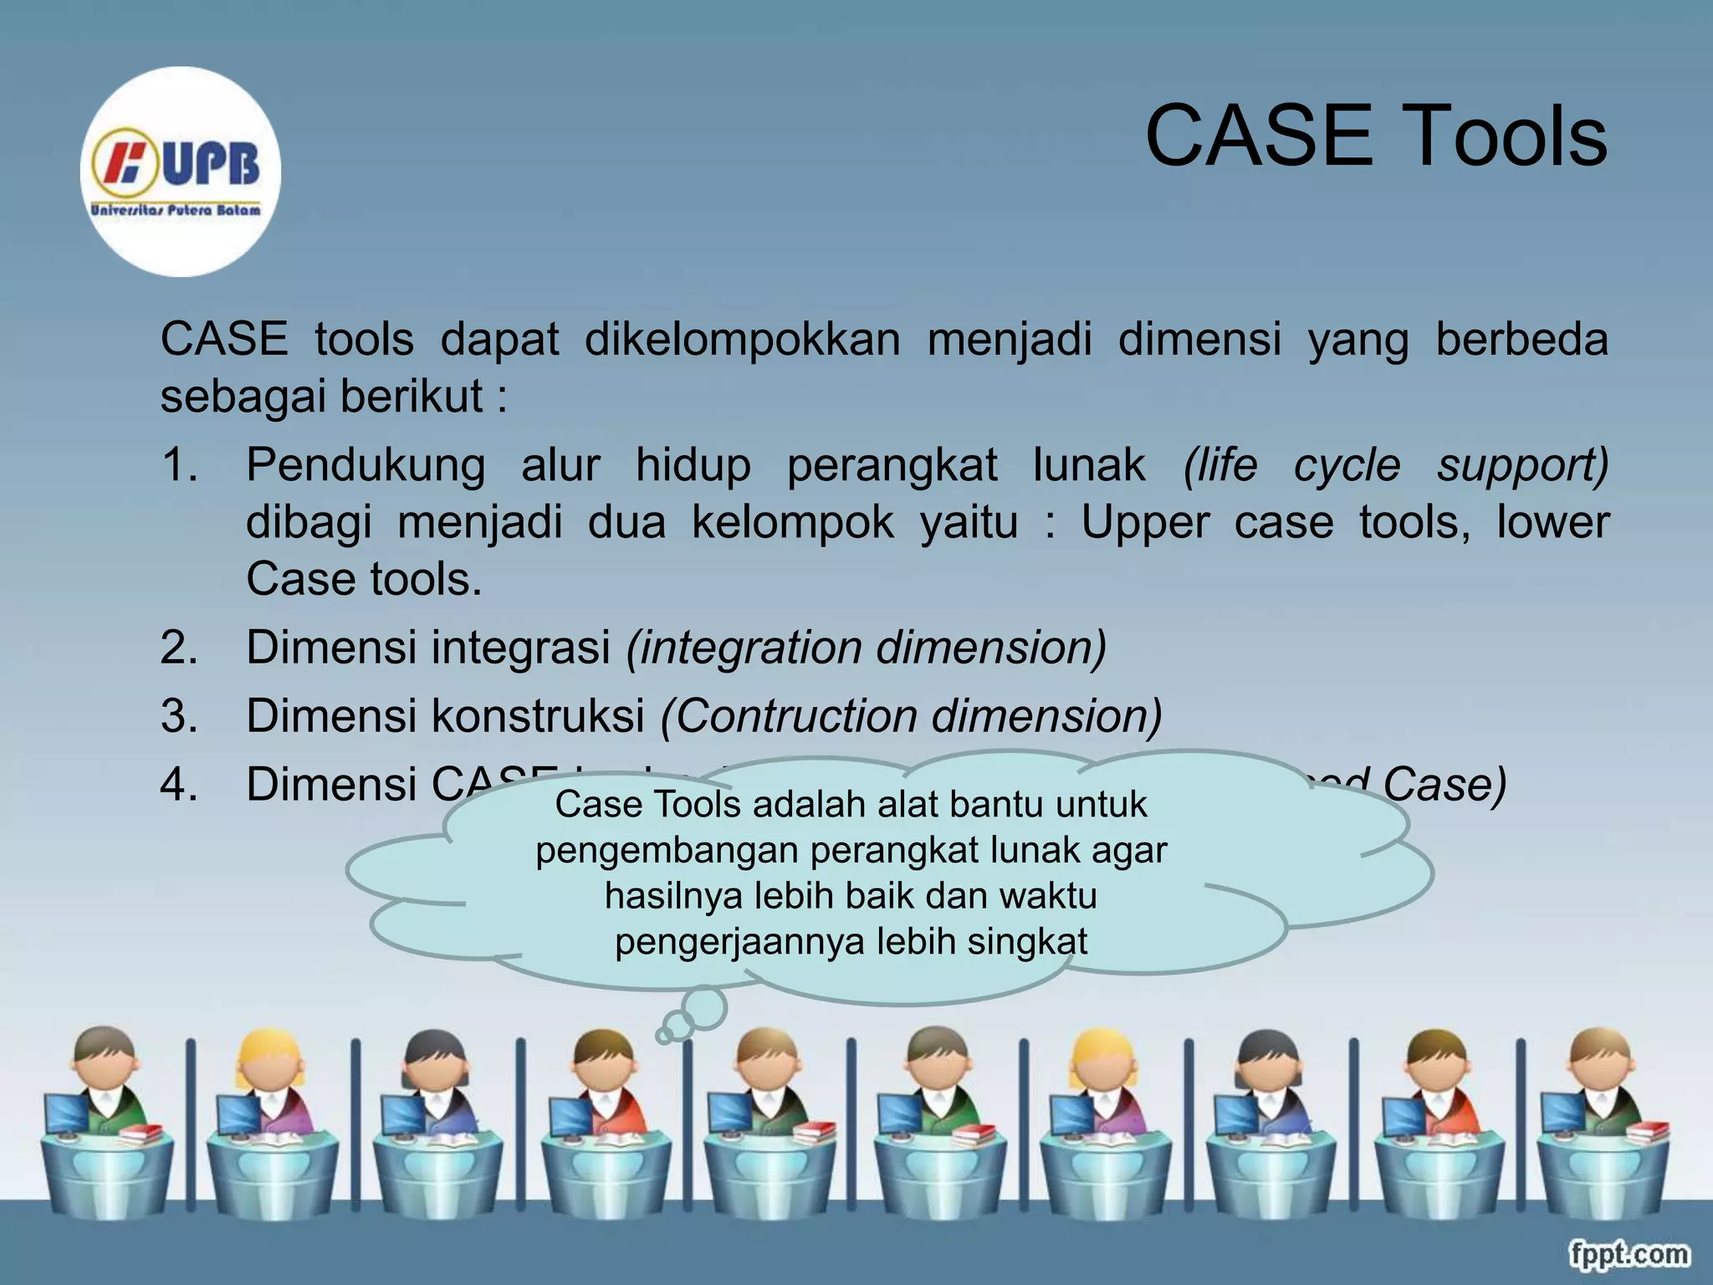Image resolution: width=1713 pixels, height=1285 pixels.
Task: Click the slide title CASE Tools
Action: (x=1375, y=136)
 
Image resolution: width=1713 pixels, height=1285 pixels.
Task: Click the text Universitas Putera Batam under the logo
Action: (x=176, y=210)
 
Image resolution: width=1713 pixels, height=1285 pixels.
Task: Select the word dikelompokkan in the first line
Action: (x=742, y=340)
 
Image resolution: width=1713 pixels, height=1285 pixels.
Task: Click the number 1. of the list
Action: (x=179, y=465)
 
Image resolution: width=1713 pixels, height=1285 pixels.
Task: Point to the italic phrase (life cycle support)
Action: (x=1395, y=465)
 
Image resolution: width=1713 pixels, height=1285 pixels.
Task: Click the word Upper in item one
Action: (x=1144, y=523)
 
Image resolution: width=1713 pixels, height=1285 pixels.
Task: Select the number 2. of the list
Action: (x=179, y=648)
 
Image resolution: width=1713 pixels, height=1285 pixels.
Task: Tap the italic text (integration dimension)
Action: (x=867, y=648)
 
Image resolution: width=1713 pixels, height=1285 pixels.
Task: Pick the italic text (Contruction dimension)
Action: (x=911, y=716)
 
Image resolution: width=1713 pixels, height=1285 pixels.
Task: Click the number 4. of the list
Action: (x=179, y=785)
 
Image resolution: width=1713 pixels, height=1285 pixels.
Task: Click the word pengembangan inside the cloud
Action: (x=669, y=851)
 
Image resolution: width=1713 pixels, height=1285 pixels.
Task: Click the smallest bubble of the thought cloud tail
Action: (x=664, y=1036)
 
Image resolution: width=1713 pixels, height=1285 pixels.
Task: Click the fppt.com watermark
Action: (x=1628, y=1254)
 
